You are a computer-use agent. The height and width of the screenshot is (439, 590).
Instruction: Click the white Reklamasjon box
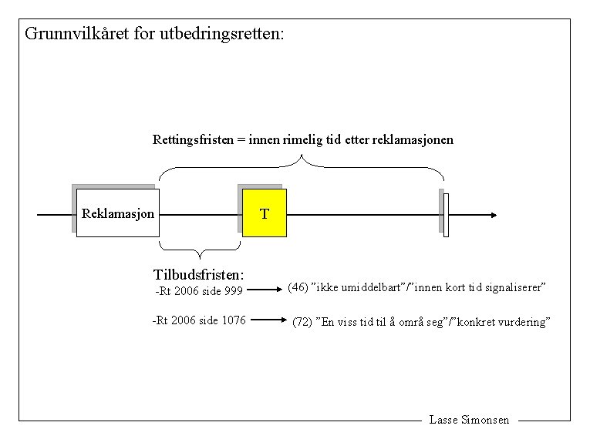[117, 213]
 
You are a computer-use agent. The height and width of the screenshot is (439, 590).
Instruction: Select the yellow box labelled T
[265, 213]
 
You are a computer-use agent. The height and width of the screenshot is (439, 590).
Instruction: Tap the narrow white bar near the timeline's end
[446, 215]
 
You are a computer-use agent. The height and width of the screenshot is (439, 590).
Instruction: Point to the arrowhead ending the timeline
[493, 215]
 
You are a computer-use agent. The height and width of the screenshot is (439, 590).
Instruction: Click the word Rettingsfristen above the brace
[193, 140]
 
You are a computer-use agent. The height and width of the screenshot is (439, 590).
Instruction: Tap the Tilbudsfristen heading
[199, 274]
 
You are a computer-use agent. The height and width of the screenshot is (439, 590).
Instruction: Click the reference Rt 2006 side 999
[199, 291]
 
